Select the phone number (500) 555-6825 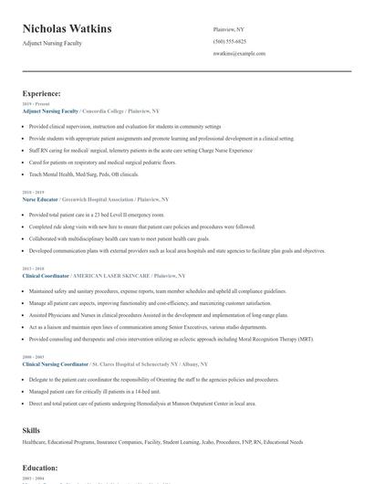click(x=229, y=42)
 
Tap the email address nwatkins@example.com click(x=239, y=54)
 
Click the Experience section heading click(x=42, y=93)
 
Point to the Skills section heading click(x=31, y=428)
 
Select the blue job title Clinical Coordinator click(x=45, y=275)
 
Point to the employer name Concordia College click(x=105, y=110)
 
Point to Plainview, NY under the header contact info click(x=228, y=29)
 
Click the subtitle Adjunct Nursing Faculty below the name click(x=52, y=43)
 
